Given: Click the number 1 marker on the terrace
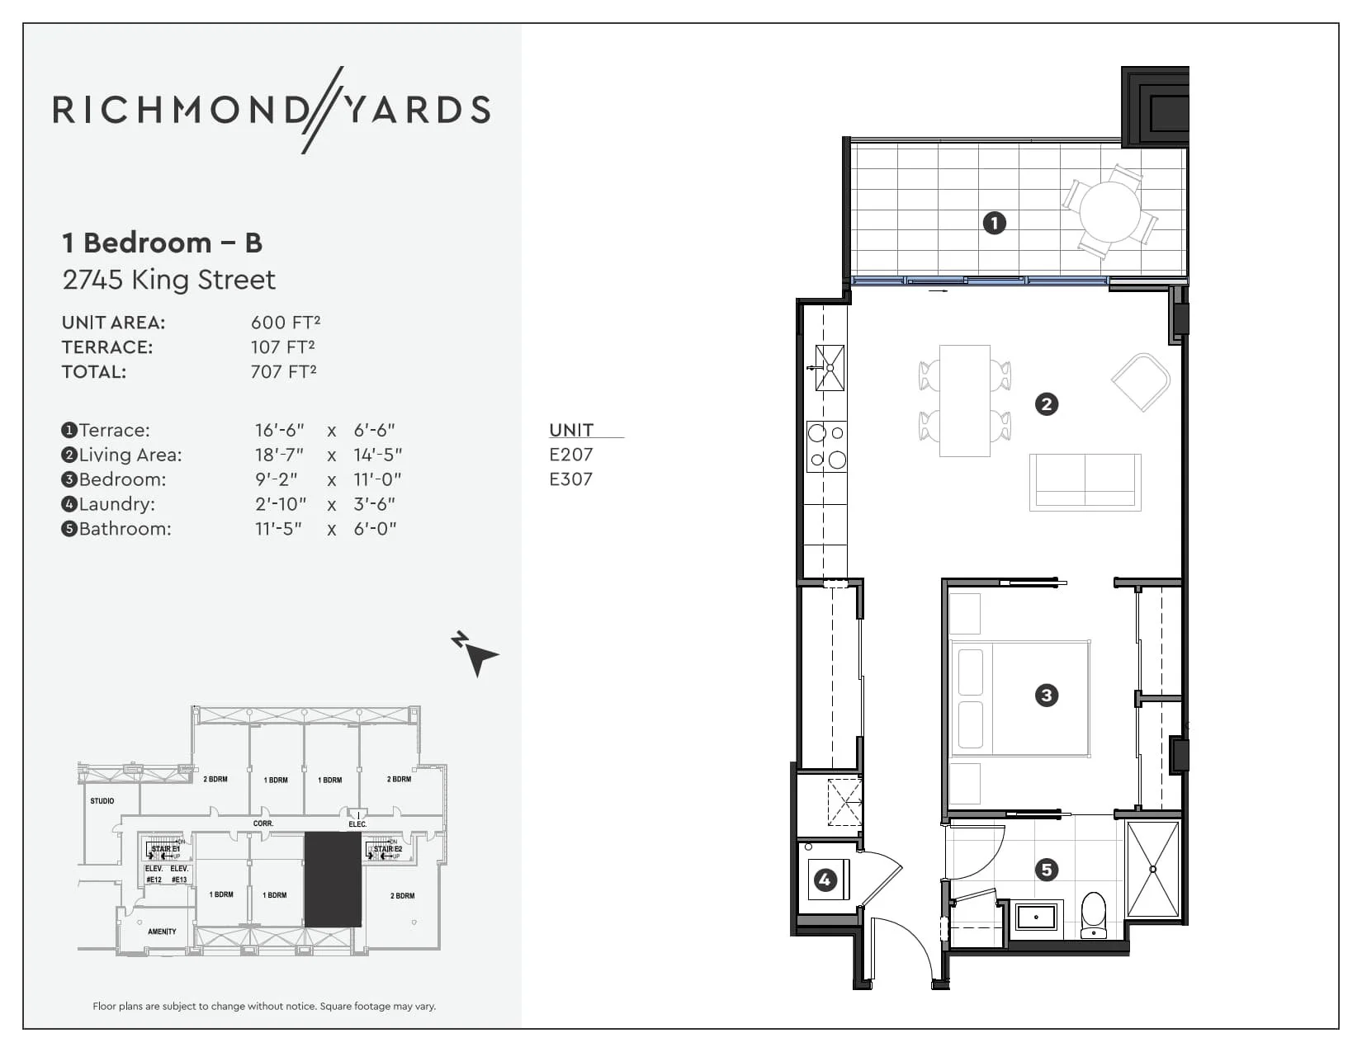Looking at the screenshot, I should pos(994,223).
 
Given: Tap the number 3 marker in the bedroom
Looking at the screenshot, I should pos(1046,695).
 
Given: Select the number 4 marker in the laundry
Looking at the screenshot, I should pos(824,880).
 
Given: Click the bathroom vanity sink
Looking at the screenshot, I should pos(1036,917).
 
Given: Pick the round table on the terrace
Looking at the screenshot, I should pos(1109,211).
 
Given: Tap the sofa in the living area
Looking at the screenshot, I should pos(1085,482).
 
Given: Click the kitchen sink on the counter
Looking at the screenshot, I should pos(830,368).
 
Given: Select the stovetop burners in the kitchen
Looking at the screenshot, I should pos(826,446).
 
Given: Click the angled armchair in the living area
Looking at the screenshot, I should pos(1142,381).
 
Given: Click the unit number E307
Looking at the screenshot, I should pos(570,479).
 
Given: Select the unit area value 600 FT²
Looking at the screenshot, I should pos(286,323).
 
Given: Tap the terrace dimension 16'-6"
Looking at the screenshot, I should pos(279,430).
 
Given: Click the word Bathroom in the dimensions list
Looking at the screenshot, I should pos(125,529).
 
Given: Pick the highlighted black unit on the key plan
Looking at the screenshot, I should pos(333,879).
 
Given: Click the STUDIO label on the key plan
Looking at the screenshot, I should pos(102,801).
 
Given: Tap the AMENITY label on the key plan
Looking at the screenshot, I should pos(162,932).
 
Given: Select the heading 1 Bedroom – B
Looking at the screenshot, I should pos(162,243).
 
